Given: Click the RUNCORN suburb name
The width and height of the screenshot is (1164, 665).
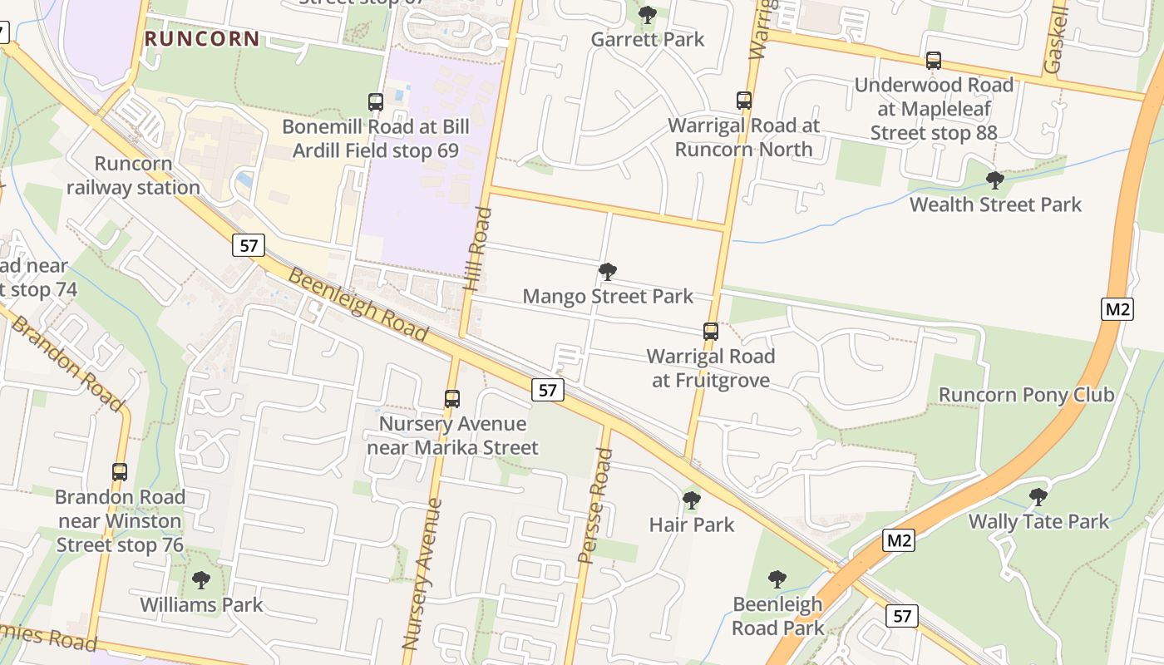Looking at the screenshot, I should (x=202, y=38).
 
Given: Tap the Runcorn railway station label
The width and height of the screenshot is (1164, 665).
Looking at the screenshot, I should (x=133, y=175).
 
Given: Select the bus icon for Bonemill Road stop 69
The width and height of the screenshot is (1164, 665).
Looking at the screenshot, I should (x=376, y=102).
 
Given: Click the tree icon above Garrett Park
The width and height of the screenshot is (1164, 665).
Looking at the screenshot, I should (x=648, y=15).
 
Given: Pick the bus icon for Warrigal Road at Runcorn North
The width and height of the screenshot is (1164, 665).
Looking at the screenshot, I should (x=744, y=101).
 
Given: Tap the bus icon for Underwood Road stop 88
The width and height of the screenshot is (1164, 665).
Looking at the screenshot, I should (x=934, y=61).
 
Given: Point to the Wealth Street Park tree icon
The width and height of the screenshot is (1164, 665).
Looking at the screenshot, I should (x=994, y=180).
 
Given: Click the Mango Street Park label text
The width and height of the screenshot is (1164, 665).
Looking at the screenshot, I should (x=608, y=297).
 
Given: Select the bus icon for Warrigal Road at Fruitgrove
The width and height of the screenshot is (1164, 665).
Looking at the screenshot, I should (x=711, y=332).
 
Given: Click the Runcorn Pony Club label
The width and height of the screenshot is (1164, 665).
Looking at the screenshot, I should (x=1026, y=395).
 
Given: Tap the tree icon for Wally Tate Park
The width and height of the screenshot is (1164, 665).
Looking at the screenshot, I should (x=1038, y=497).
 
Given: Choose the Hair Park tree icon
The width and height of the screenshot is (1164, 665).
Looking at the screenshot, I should (x=691, y=500).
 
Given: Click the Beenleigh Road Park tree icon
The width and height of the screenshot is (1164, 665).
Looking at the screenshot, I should (x=777, y=579).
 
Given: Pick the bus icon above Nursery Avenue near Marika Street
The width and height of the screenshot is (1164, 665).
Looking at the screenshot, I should (x=452, y=399).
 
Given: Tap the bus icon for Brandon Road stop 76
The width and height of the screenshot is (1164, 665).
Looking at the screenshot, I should (x=120, y=472).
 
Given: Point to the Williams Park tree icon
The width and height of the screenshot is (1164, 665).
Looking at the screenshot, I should (x=200, y=580).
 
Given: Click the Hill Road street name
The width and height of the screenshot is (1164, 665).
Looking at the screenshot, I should (x=477, y=249).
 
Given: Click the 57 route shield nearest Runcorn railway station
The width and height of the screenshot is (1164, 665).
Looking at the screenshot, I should (x=249, y=245).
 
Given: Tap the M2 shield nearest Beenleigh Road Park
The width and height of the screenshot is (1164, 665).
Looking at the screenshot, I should (x=899, y=541).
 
